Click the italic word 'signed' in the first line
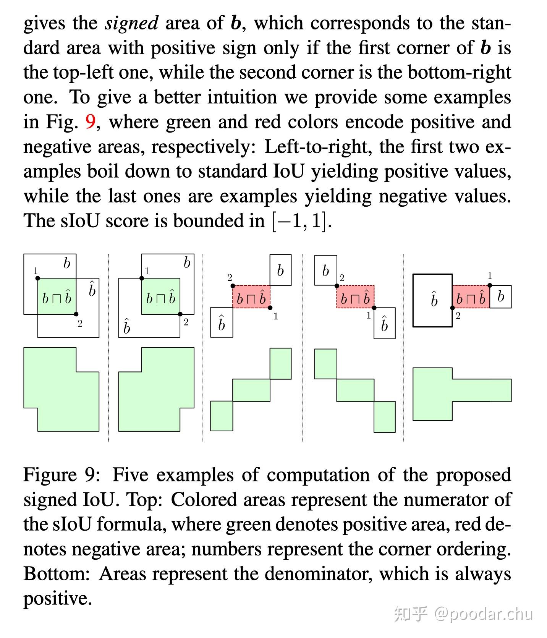pos(132,24)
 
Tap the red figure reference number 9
pos(90,122)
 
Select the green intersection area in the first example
pos(57,296)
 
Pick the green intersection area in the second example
pos(161,296)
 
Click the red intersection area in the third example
pos(251,297)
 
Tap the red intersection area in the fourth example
pos(355,297)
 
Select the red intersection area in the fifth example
pos(471,297)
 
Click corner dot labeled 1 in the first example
pos(38,279)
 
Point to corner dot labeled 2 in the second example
pos(180,314)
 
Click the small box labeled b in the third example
pos(280,270)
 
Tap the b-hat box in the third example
pos(222,322)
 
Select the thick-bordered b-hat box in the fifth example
pos(432,300)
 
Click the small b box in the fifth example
pos(500,296)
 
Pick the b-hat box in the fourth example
pos(384,323)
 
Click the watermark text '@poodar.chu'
pos(483,614)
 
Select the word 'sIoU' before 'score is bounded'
pos(80,221)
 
